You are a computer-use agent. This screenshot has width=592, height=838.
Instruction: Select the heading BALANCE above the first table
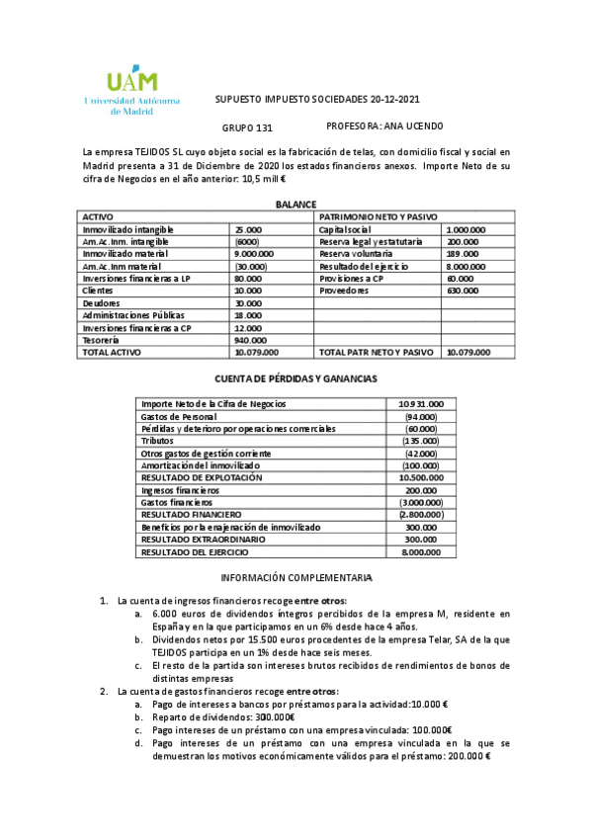(296, 203)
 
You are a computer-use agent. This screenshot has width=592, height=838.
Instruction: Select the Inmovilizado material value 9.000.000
(254, 253)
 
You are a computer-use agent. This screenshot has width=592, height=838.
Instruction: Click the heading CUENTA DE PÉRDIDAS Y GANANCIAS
(296, 378)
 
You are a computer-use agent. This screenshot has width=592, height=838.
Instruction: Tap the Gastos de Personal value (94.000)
(421, 416)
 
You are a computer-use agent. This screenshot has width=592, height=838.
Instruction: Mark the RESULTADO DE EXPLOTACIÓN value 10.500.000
(420, 477)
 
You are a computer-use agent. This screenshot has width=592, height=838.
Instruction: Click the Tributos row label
(159, 441)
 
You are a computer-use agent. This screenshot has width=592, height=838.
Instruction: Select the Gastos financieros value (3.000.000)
(420, 502)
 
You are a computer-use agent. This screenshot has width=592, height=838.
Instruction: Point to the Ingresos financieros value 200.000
(421, 490)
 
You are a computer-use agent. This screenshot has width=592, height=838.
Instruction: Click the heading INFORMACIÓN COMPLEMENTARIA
(296, 576)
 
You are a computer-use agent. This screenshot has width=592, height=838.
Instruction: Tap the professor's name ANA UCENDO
(398, 126)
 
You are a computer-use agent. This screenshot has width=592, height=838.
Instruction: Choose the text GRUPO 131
(247, 127)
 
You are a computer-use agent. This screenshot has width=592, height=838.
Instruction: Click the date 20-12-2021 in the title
(395, 100)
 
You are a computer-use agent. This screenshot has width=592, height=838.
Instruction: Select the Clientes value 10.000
(247, 291)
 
